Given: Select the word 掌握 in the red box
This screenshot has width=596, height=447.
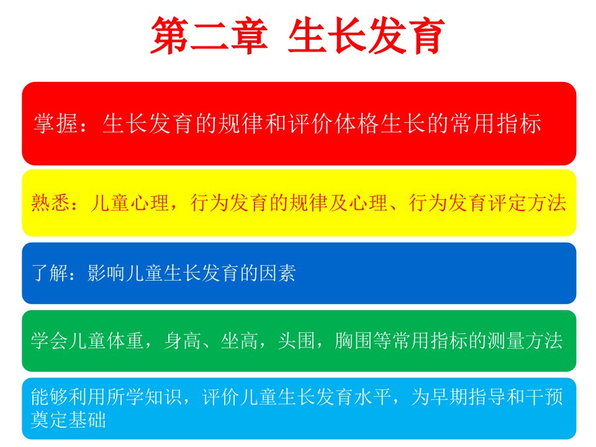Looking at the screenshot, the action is pos(56,124).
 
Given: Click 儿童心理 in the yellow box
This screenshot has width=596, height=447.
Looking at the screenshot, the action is pos(130,202).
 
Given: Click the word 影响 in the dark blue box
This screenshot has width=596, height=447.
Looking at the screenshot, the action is pos(106,273).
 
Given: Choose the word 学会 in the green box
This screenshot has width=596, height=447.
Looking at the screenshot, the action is pos(50,341).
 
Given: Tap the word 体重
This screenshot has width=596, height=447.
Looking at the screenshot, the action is pos(125,341).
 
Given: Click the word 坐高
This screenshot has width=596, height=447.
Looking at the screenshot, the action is pos(240,341).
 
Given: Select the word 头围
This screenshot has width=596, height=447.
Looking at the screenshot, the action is pos(297,341).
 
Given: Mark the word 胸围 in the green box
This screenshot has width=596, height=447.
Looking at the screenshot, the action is pos(353,341).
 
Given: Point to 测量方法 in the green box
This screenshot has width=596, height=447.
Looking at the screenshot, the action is pos(525,341).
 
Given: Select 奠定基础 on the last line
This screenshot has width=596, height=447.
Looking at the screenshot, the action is pos(68,420).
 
